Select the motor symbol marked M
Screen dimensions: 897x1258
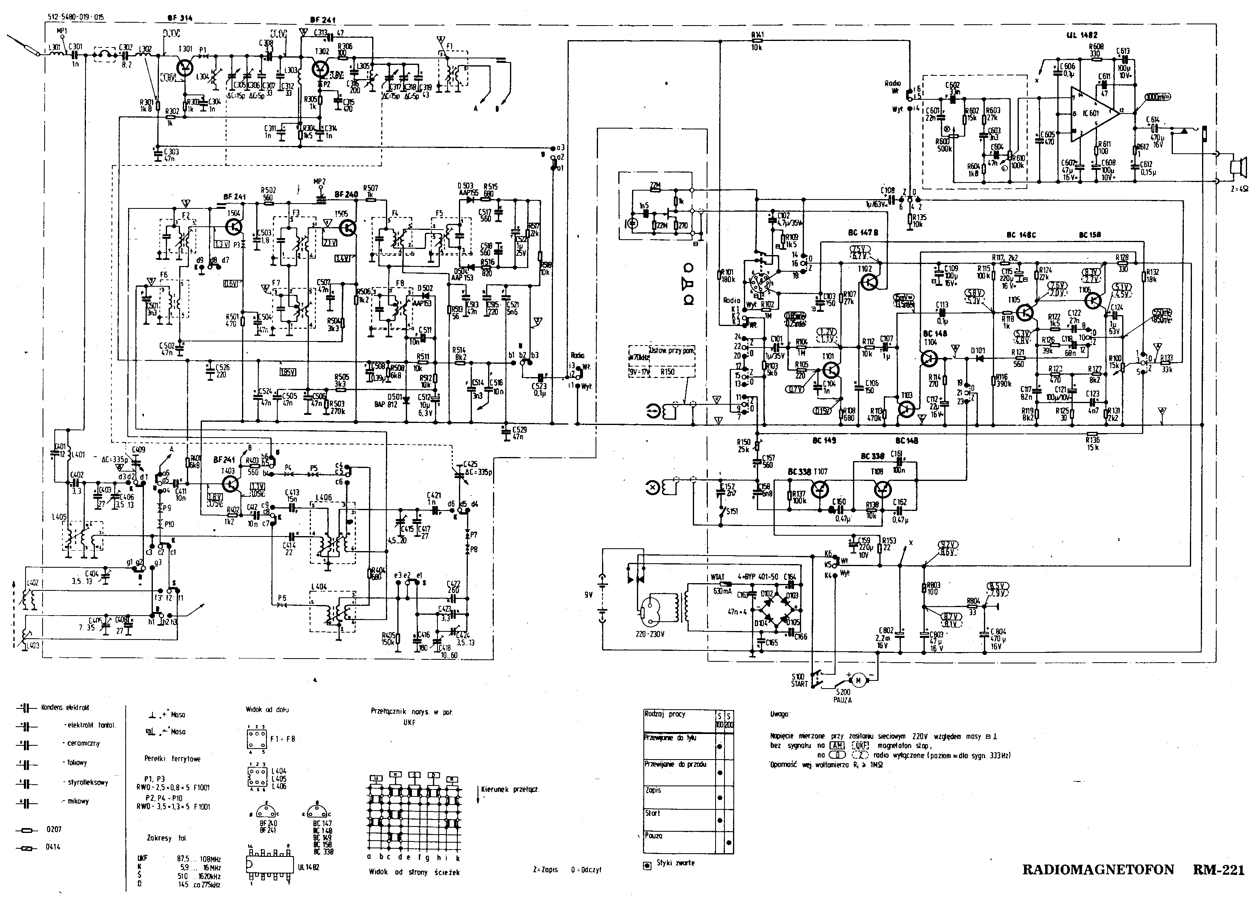pos(857,680)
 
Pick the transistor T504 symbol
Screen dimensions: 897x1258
pos(235,227)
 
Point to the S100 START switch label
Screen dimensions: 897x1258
pos(799,680)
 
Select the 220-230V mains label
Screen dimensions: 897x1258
pos(649,634)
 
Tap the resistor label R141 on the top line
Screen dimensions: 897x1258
pos(757,34)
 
